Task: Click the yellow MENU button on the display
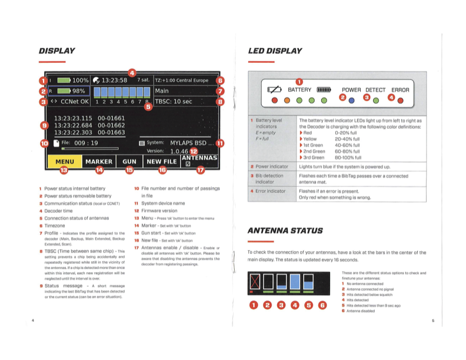(64, 161)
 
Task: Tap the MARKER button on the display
(99, 161)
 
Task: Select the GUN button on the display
(129, 161)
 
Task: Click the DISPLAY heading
(56, 51)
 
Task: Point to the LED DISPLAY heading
(275, 51)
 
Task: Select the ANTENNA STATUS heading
(285, 231)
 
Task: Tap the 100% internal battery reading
(81, 80)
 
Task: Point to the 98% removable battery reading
(78, 91)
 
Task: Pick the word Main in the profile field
(162, 91)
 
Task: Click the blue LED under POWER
(352, 101)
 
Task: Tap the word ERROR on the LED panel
(400, 90)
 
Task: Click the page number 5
(432, 321)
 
